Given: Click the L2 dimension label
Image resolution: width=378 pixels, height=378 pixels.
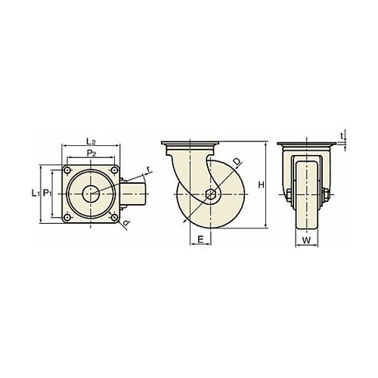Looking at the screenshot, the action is pos(91,141).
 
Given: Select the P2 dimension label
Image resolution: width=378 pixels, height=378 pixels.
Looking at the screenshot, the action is pos(91,153).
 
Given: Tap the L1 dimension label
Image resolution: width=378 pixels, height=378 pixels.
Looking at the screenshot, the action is pos(36,194).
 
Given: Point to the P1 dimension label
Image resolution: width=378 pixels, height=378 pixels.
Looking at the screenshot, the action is pos(47,194).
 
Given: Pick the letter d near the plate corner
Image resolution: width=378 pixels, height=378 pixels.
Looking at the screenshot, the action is pos(126,223).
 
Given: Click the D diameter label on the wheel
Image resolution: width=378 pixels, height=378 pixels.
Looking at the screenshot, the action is pos(237,163).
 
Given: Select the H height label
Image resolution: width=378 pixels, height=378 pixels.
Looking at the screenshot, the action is pos(261,185).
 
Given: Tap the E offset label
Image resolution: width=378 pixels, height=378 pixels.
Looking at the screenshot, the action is pos(200,239).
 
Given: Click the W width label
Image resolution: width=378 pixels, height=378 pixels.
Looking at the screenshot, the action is pos(306,240).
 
